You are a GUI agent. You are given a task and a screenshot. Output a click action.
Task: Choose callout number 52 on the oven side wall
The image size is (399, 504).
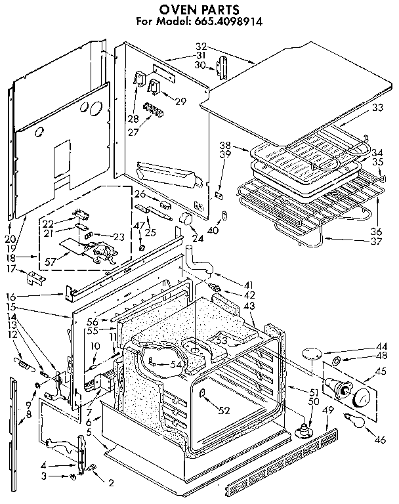click(225, 410)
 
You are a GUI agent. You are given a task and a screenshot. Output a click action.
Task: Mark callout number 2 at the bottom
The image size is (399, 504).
click(111, 484)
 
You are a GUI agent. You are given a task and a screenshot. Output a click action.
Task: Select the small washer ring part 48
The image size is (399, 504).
click(335, 362)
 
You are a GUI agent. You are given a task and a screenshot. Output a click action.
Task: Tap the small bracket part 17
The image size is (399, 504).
click(36, 278)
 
